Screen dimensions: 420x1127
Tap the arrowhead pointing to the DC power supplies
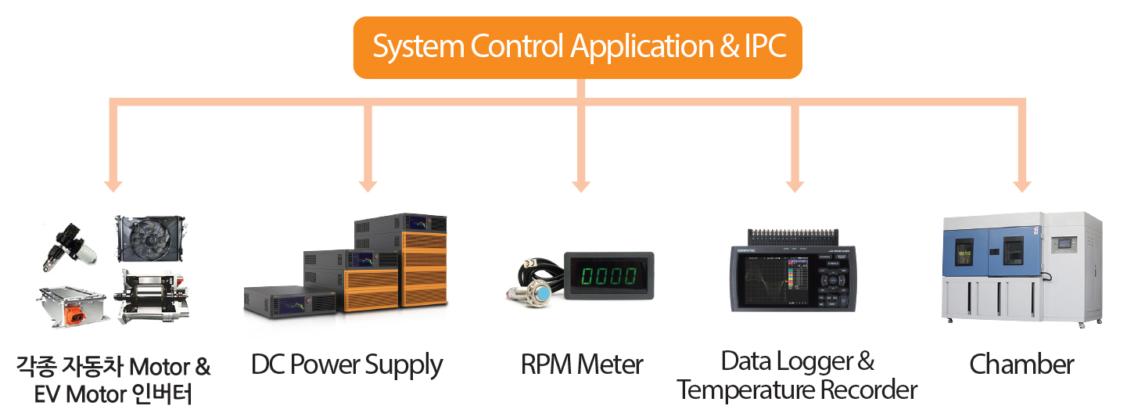[x=368, y=185]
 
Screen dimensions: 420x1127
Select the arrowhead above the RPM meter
[x=580, y=185]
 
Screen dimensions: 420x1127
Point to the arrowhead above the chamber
[x=1021, y=185]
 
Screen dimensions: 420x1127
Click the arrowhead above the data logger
[x=795, y=185]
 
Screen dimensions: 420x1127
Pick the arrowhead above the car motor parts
[x=114, y=185]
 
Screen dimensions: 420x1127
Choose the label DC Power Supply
[x=346, y=365]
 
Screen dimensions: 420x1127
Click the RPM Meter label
[x=582, y=364]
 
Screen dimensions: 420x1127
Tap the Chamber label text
[x=1021, y=364]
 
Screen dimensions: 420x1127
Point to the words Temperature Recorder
[x=796, y=389]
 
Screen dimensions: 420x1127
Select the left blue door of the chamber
[x=965, y=252]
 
